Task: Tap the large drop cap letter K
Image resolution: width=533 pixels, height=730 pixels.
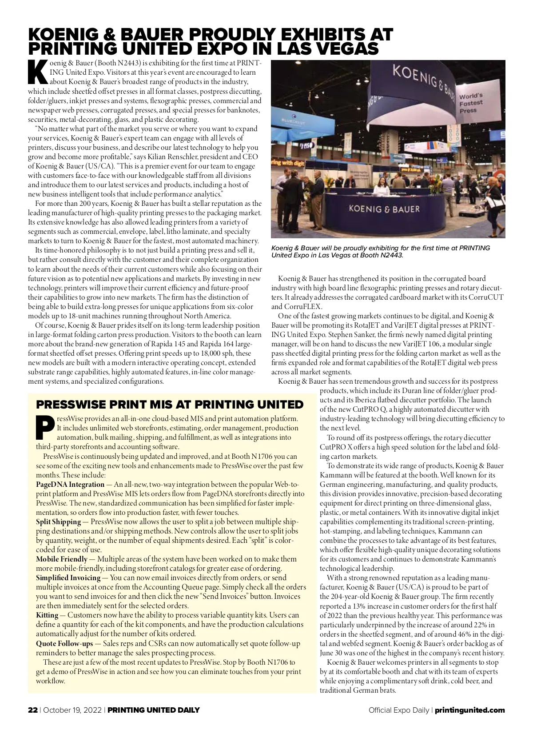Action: (38, 71)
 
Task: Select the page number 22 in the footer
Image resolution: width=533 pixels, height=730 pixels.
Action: (32, 710)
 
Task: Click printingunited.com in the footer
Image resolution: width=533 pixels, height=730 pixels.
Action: (469, 710)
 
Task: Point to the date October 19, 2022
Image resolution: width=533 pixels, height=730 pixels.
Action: (73, 710)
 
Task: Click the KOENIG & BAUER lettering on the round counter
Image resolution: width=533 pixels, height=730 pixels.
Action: (384, 209)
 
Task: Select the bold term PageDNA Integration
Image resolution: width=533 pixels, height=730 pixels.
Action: (70, 484)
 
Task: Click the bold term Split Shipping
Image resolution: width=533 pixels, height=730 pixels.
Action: (58, 521)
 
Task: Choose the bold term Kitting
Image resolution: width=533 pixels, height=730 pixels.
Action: (47, 615)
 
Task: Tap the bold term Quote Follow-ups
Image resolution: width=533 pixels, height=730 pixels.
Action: (64, 643)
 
